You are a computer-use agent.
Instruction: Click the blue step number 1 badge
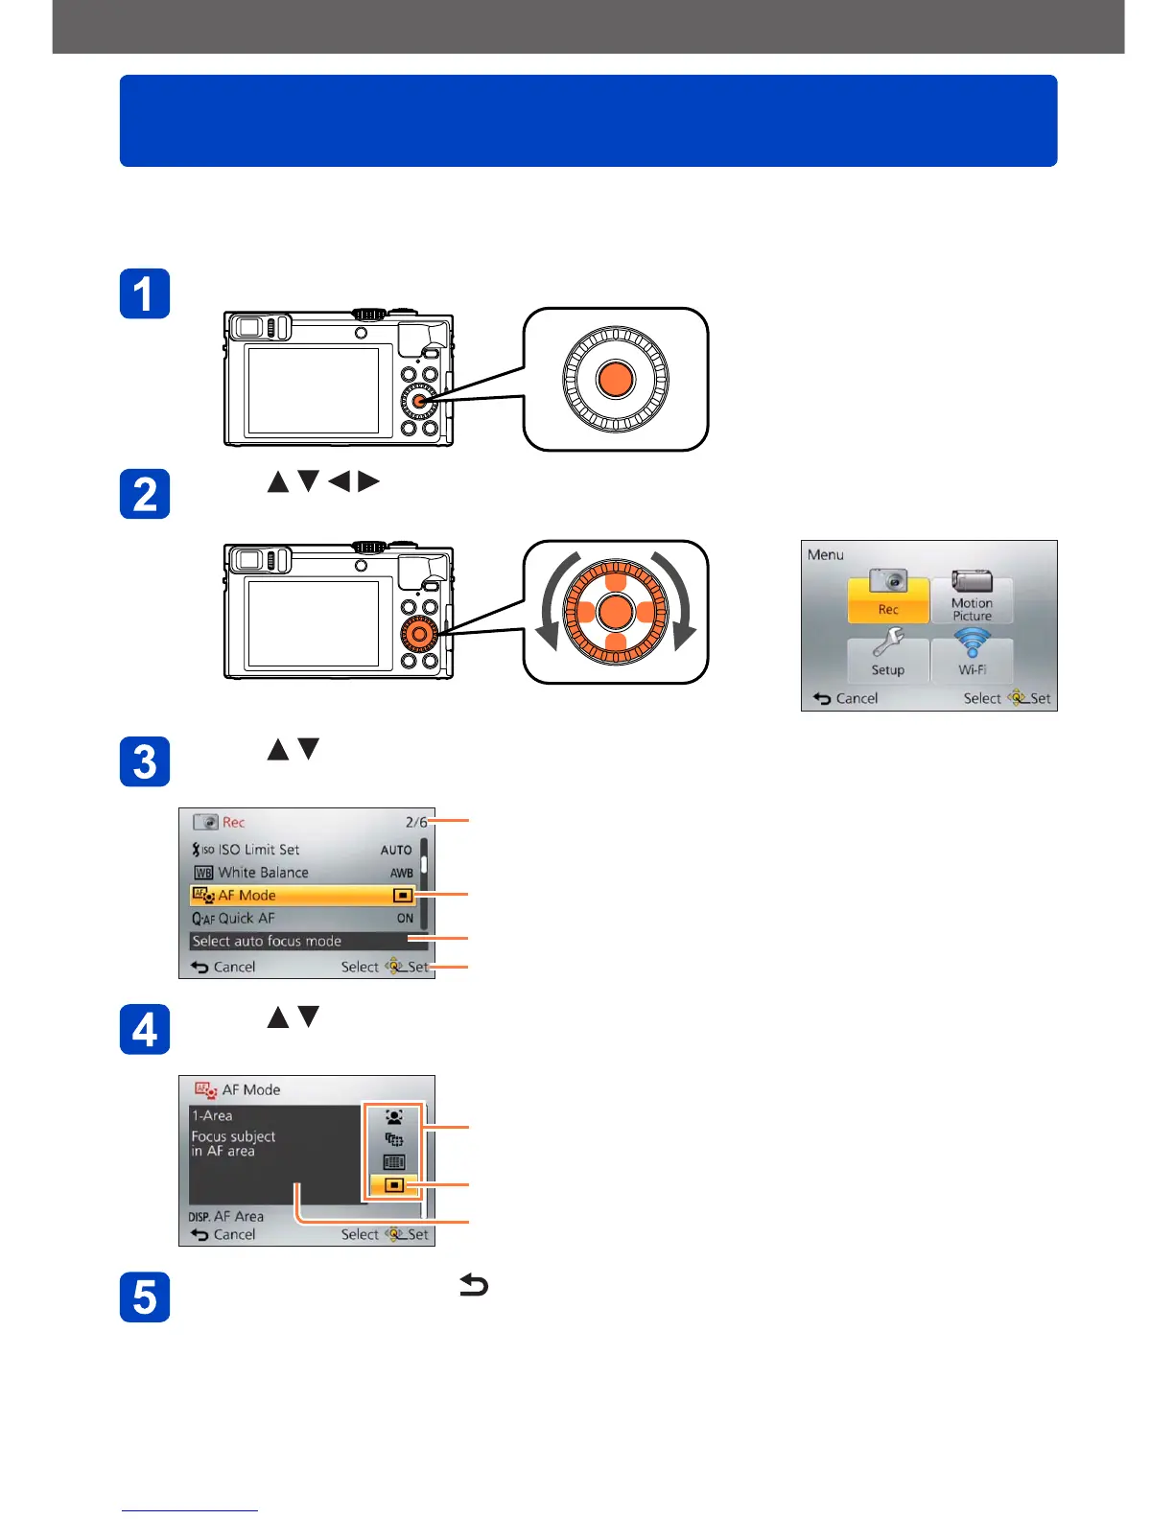click(145, 293)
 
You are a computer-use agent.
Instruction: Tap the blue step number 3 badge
click(145, 761)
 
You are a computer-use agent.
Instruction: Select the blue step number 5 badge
click(145, 1297)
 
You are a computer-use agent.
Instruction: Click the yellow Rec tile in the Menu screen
click(888, 598)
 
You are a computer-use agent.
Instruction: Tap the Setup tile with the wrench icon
click(888, 657)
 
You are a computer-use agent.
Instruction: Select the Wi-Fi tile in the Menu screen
click(972, 657)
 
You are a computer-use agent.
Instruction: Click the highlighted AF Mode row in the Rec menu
click(303, 895)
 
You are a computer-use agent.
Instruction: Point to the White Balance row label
click(263, 873)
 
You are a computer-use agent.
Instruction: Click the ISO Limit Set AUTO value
click(396, 850)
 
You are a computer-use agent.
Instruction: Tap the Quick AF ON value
click(405, 919)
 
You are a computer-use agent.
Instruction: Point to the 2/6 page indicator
click(416, 822)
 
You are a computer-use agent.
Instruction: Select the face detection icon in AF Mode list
click(394, 1117)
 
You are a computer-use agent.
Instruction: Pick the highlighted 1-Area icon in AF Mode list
click(394, 1185)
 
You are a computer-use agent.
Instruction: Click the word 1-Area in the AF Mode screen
click(212, 1115)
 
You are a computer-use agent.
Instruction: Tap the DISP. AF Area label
click(225, 1216)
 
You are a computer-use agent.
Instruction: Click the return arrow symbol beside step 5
click(474, 1285)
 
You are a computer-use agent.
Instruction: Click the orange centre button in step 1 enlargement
click(616, 379)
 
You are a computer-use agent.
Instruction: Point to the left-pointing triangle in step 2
click(340, 481)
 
